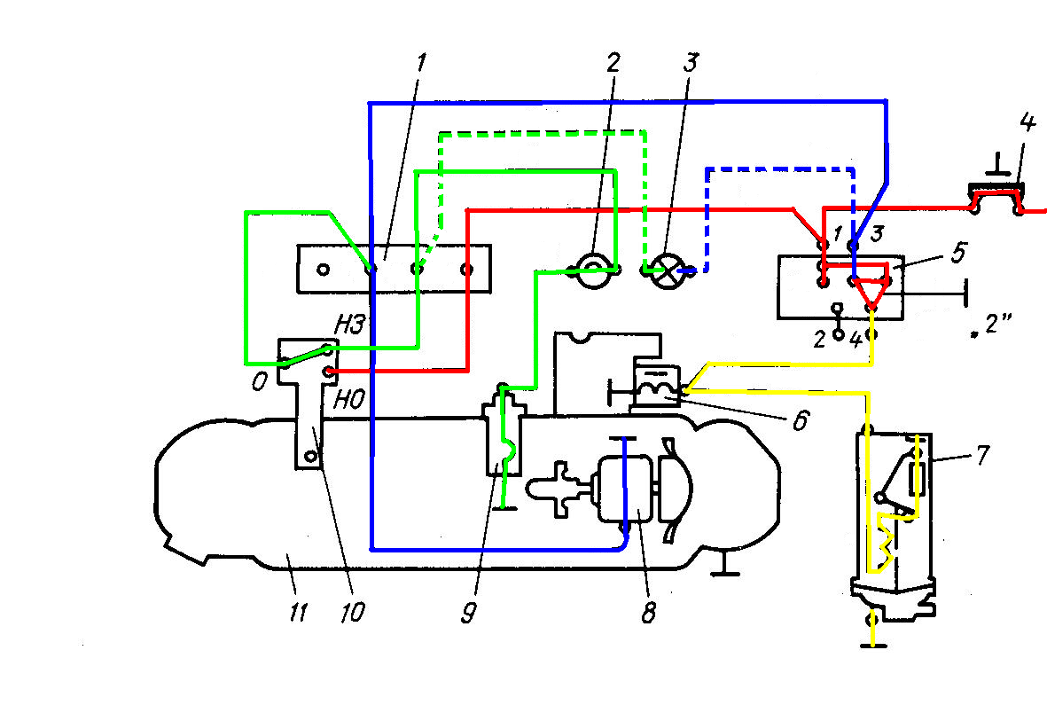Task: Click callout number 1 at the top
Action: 421,64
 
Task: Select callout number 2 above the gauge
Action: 613,62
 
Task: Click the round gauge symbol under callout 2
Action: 592,270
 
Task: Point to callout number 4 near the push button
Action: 1027,122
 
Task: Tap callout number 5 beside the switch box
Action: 958,253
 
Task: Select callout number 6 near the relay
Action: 801,419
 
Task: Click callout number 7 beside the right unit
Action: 982,455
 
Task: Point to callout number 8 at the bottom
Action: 648,612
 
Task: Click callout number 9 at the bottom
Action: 469,612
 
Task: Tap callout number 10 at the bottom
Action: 352,612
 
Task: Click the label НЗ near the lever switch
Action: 350,325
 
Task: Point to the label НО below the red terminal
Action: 349,400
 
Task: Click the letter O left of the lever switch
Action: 259,381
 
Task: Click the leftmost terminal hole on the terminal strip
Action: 324,270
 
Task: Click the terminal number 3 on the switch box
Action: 877,233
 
